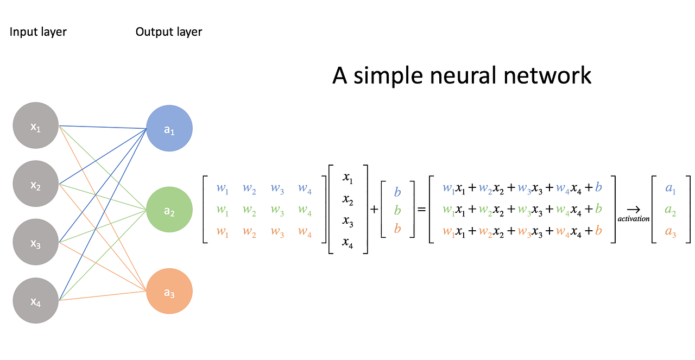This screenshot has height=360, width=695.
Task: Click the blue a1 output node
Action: [x=169, y=129]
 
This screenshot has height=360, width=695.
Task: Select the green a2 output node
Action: [x=169, y=210]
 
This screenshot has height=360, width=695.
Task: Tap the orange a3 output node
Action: [x=169, y=292]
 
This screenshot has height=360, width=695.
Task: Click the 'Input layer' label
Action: [x=38, y=32]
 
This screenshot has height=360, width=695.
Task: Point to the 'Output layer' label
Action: [x=169, y=32]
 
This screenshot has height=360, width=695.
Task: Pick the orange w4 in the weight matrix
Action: [x=305, y=232]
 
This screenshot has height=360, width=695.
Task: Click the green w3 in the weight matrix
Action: [x=277, y=210]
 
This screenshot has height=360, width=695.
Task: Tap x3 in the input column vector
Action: [x=348, y=222]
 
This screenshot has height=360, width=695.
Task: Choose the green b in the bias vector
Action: [x=397, y=210]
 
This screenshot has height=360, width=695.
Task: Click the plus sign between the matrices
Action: [x=374, y=210]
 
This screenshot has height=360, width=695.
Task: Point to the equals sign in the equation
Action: [x=421, y=210]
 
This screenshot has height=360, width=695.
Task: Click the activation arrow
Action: [x=633, y=209]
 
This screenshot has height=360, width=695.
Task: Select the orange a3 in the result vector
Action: [x=671, y=232]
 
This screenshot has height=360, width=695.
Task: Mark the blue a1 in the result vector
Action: [x=671, y=189]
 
